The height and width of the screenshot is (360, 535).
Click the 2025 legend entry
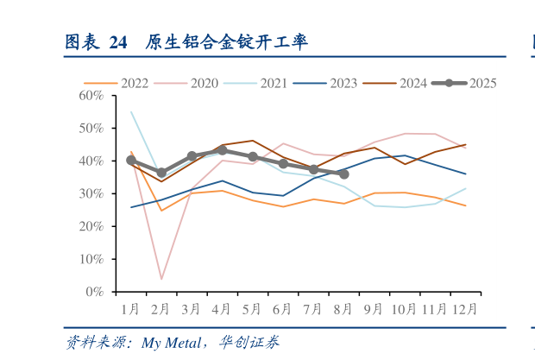click(482, 83)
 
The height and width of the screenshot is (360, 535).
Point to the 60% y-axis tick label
click(91, 95)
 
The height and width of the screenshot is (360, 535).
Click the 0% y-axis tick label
click(94, 292)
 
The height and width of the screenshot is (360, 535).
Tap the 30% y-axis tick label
click(91, 193)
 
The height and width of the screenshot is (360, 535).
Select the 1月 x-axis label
click(131, 307)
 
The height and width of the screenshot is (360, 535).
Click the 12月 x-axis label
click(464, 307)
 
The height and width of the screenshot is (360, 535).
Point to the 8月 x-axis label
click(343, 307)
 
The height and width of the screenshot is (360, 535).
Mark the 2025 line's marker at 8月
click(343, 174)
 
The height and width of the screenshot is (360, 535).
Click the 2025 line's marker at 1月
click(131, 161)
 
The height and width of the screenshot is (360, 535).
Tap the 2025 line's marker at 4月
click(222, 150)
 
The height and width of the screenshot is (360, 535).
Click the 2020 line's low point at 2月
click(161, 279)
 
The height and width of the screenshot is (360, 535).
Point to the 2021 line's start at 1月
click(131, 112)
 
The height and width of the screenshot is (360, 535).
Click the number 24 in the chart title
click(119, 42)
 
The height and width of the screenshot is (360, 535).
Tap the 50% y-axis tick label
click(91, 128)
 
